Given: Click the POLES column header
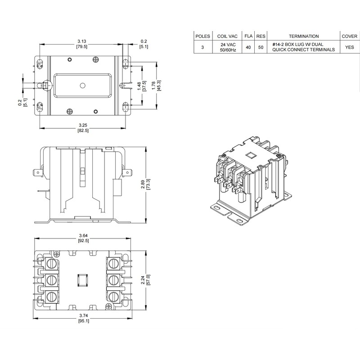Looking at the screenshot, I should tap(202, 36).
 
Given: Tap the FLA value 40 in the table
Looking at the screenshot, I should tap(248, 47).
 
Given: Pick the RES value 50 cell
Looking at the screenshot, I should tap(260, 47).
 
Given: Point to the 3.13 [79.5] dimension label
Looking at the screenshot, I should tap(82, 43).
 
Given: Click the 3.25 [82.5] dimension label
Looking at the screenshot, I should tap(82, 128).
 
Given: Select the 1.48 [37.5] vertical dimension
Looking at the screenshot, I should tap(144, 85).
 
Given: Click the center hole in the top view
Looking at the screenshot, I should tap(82, 85).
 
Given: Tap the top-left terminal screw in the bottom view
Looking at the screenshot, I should tap(54, 262).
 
